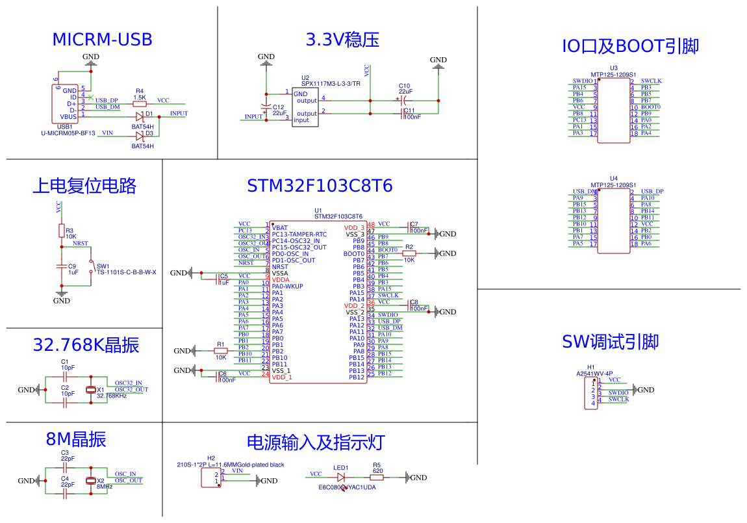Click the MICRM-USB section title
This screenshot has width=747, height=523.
coord(102,40)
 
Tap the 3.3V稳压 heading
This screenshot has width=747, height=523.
coord(342,40)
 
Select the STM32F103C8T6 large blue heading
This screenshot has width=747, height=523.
coord(320,186)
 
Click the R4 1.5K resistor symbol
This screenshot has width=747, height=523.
coord(139,103)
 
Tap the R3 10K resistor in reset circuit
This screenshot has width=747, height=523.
coord(62,231)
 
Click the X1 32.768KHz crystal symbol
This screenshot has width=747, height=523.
coord(91,390)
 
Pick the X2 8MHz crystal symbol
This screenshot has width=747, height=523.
coord(91,481)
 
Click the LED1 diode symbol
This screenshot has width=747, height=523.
coord(341,477)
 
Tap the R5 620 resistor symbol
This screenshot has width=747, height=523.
coord(377,477)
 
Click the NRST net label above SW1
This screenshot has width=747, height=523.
coord(81,244)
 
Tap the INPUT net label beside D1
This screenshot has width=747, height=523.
coord(179,114)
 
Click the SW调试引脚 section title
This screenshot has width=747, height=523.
coord(611,342)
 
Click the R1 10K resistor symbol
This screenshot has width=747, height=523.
coord(221,351)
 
